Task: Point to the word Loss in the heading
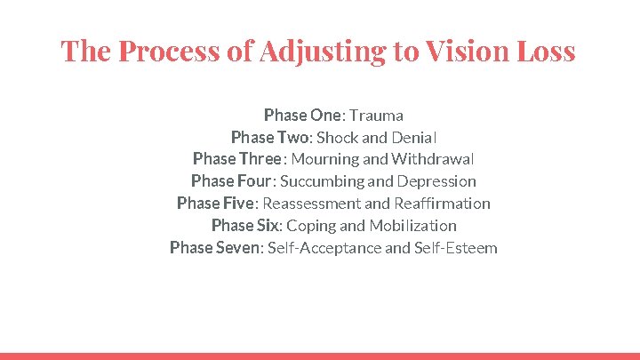click(x=548, y=52)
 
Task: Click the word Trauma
click(x=376, y=115)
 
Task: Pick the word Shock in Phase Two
click(x=337, y=137)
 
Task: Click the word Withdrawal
click(x=432, y=159)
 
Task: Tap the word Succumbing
click(x=321, y=181)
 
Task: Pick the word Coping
click(x=311, y=226)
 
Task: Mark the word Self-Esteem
click(x=455, y=248)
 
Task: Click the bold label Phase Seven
click(x=216, y=248)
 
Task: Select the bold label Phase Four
click(x=231, y=181)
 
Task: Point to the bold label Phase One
click(x=302, y=115)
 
